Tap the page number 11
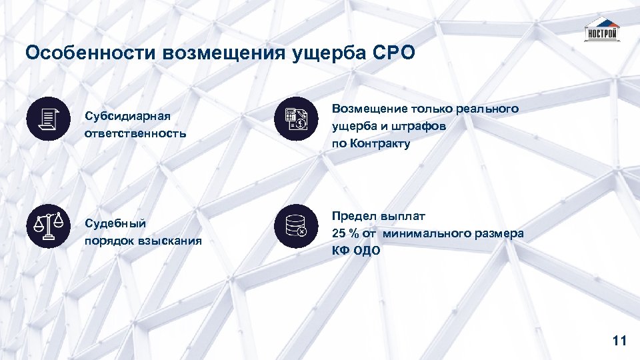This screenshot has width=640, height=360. [x=619, y=341]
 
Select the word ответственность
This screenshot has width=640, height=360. [x=135, y=133]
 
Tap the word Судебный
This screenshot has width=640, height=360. [x=115, y=223]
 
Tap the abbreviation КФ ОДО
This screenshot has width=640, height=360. [x=356, y=251]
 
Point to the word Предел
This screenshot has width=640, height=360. [x=354, y=216]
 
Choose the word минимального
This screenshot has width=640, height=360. [x=433, y=233]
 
